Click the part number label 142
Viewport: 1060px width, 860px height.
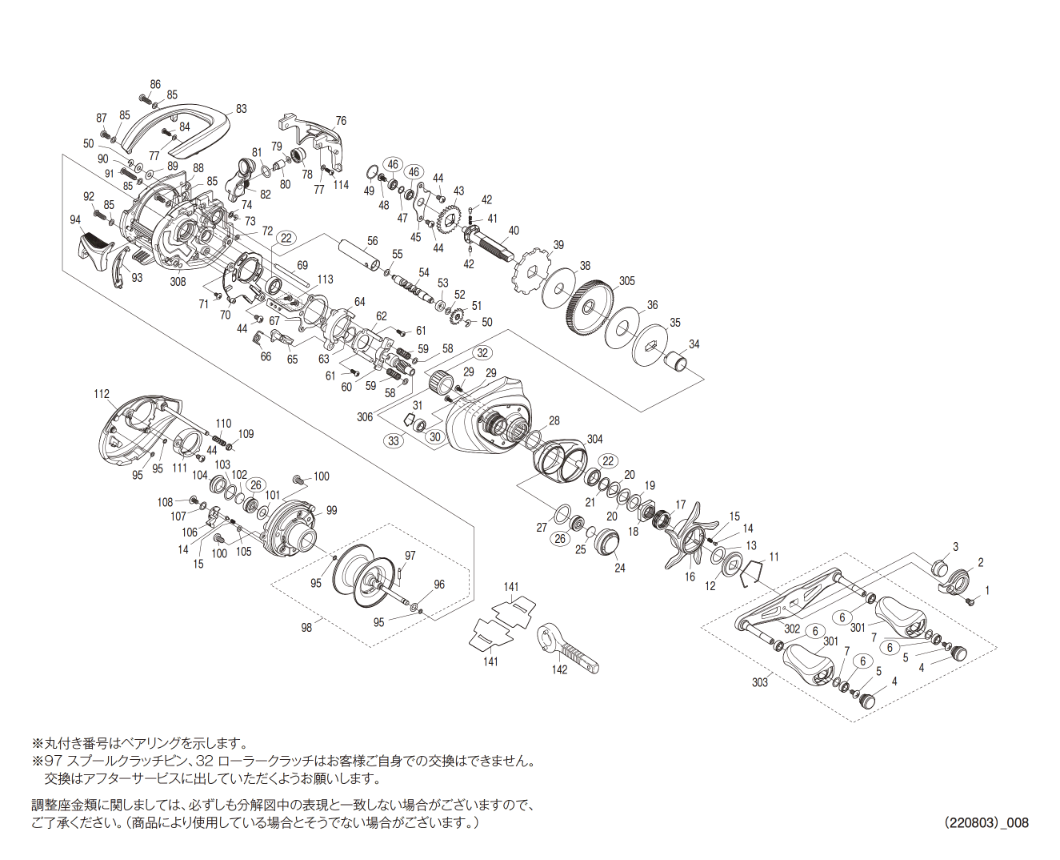[559, 669]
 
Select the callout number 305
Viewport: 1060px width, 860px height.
[627, 281]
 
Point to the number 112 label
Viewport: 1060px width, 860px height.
[102, 394]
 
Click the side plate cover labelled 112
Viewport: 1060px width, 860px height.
[134, 433]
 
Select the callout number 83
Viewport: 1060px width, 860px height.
[241, 109]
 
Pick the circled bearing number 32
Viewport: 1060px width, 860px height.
[482, 353]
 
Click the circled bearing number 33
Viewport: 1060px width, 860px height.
[393, 440]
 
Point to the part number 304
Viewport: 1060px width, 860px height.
[594, 439]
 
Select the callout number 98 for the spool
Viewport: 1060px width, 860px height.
[306, 628]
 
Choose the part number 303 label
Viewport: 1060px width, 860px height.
[759, 682]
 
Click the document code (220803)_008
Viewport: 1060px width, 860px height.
[986, 822]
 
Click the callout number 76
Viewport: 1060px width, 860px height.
[341, 121]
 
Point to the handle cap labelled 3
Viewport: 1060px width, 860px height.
[937, 569]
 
